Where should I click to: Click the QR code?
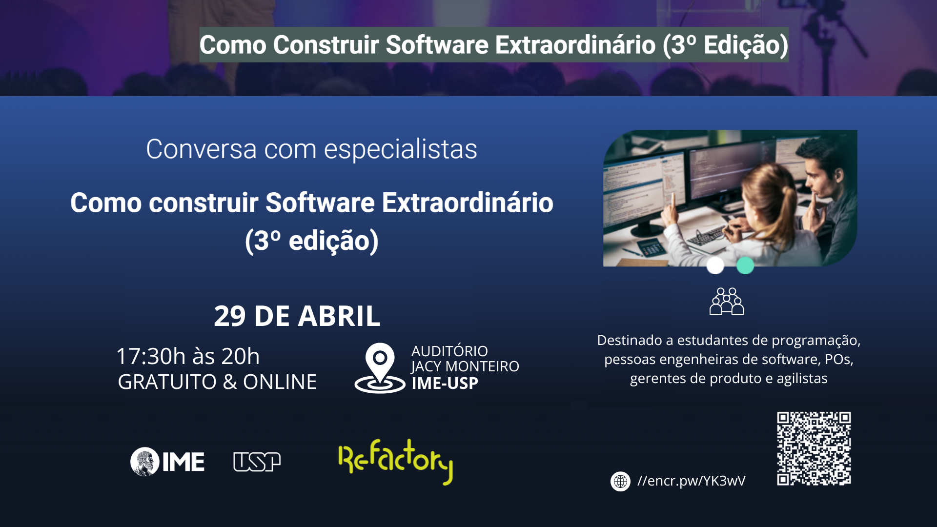(814, 448)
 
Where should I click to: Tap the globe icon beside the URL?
(620, 481)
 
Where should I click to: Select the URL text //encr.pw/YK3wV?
(692, 481)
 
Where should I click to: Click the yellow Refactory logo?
(396, 461)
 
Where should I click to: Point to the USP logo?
(257, 462)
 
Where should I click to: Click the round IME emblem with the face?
(145, 462)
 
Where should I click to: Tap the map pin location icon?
(380, 368)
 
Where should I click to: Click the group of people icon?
(727, 301)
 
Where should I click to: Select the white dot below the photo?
(715, 265)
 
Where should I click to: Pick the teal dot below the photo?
(745, 265)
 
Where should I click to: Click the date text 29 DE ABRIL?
(297, 316)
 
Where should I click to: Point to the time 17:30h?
(151, 356)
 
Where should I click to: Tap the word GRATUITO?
(167, 382)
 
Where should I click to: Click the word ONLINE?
(280, 382)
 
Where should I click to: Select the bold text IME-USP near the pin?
(445, 384)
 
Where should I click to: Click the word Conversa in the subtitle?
(202, 149)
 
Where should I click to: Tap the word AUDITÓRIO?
(449, 351)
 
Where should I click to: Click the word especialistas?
(401, 150)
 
